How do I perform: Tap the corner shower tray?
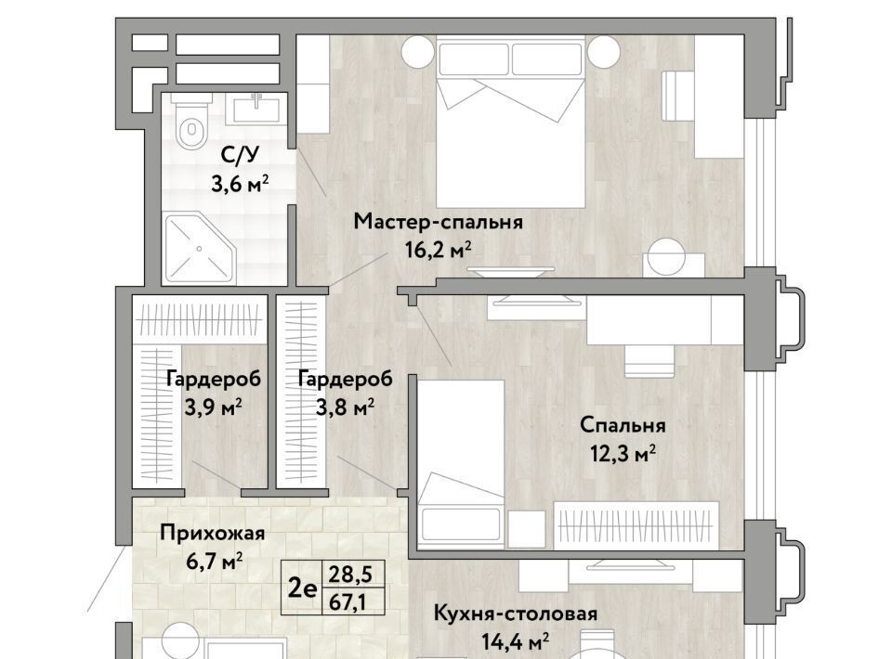[199, 248]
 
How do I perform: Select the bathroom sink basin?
[256, 110]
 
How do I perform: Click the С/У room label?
[241, 154]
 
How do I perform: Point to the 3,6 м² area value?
[240, 184]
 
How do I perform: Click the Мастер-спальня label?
[438, 222]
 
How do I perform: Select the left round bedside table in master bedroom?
[418, 52]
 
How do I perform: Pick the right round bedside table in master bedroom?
[604, 52]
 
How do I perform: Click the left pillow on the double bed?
[473, 59]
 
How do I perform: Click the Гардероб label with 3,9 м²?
[214, 379]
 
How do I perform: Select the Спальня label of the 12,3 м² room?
[623, 425]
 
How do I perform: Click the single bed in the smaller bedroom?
[461, 464]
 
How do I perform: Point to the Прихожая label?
[212, 534]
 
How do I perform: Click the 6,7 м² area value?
[215, 562]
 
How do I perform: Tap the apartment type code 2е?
[301, 588]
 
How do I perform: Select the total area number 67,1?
[350, 602]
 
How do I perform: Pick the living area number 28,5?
[350, 575]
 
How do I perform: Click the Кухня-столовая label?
[516, 614]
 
